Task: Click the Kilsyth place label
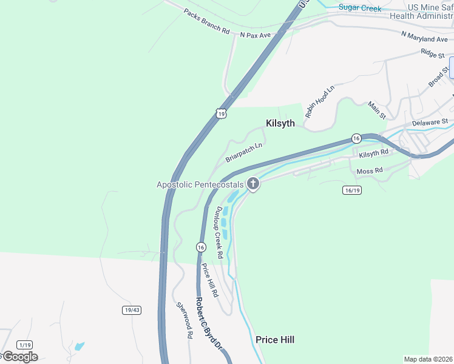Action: [x=280, y=123]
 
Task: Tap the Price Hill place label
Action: [x=275, y=340]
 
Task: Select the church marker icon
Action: [x=252, y=184]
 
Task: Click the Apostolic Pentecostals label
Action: [x=200, y=184]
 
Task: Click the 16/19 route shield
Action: [x=352, y=190]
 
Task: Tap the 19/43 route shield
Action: [x=131, y=310]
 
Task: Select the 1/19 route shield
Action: [x=24, y=344]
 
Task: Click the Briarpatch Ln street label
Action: [x=244, y=152]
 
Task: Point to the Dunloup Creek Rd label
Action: [x=219, y=232]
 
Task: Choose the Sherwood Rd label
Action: [x=185, y=320]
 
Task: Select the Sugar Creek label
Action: [x=360, y=8]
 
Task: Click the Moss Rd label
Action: [x=370, y=171]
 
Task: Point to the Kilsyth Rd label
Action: [x=373, y=154]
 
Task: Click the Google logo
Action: [x=19, y=356]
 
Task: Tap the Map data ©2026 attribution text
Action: [x=428, y=359]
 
